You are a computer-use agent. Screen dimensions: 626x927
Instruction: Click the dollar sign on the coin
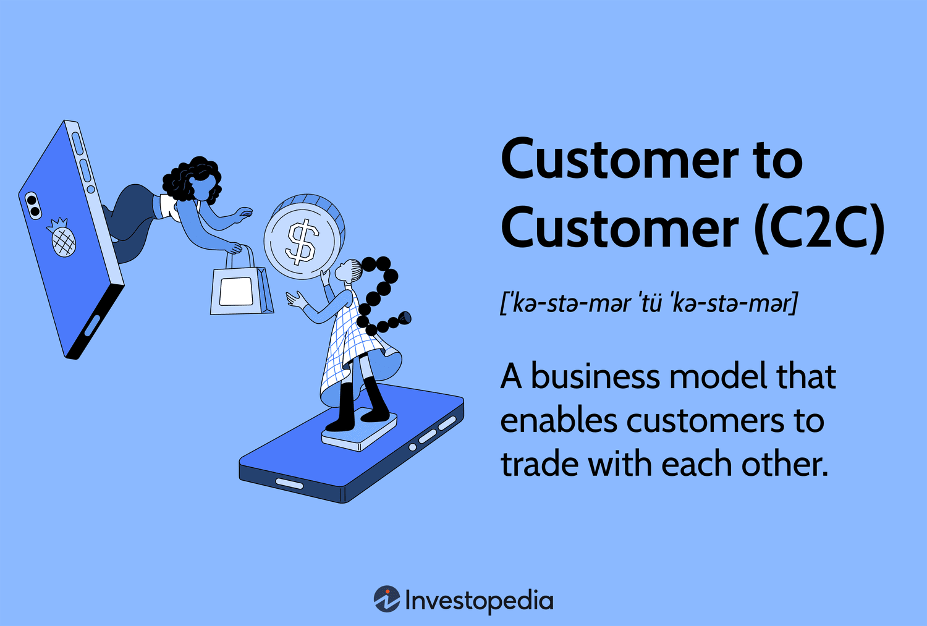click(302, 241)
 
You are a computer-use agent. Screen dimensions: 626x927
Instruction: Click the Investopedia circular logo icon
click(387, 599)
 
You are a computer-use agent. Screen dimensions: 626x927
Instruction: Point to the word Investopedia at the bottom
click(479, 601)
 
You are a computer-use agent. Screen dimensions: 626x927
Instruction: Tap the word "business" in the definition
click(595, 377)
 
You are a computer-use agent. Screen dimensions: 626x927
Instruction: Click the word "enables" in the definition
click(559, 420)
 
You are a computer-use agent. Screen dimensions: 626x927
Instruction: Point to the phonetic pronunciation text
click(649, 303)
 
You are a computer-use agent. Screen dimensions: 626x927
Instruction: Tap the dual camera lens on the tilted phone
click(32, 205)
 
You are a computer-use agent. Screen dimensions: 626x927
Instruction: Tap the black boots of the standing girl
click(358, 405)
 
